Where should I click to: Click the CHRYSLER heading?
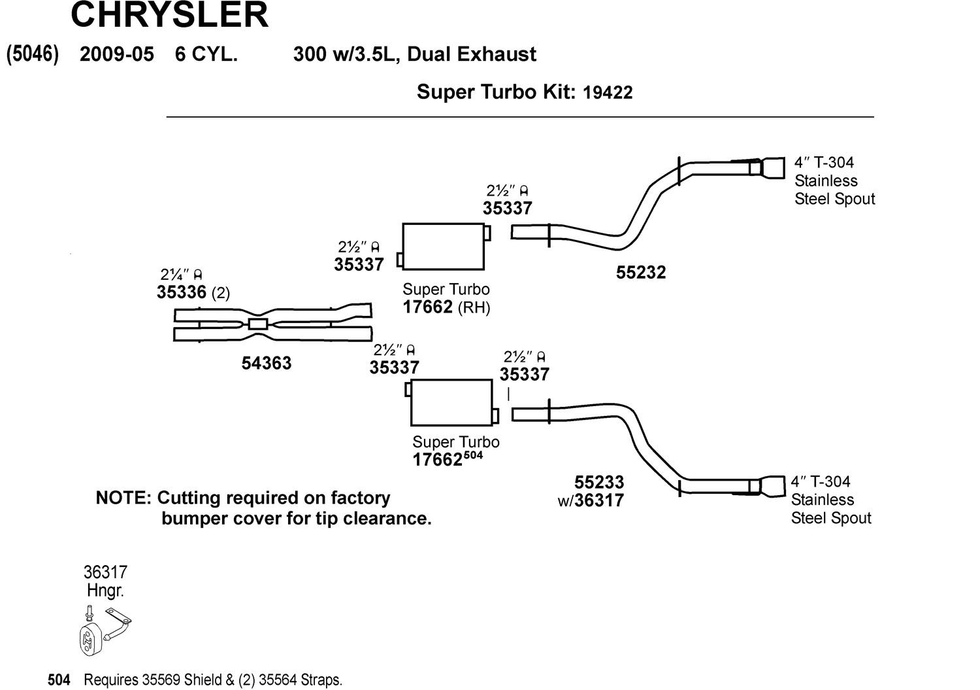pyautogui.click(x=169, y=14)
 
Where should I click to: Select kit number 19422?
pyautogui.click(x=608, y=92)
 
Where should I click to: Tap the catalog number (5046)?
pyautogui.click(x=33, y=54)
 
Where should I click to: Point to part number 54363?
pyautogui.click(x=267, y=363)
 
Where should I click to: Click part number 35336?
pyautogui.click(x=182, y=292)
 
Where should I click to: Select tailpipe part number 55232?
pyautogui.click(x=640, y=272)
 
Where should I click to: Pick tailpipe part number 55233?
pyautogui.click(x=599, y=483)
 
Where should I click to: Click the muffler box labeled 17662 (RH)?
pyautogui.click(x=444, y=247)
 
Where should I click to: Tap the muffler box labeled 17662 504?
pyautogui.click(x=451, y=402)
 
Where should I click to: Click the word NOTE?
pyautogui.click(x=123, y=498)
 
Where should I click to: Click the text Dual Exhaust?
pyautogui.click(x=472, y=54)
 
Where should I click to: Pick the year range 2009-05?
pyautogui.click(x=117, y=54)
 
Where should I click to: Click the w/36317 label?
pyautogui.click(x=591, y=501)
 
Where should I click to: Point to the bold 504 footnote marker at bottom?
pyautogui.click(x=59, y=680)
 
